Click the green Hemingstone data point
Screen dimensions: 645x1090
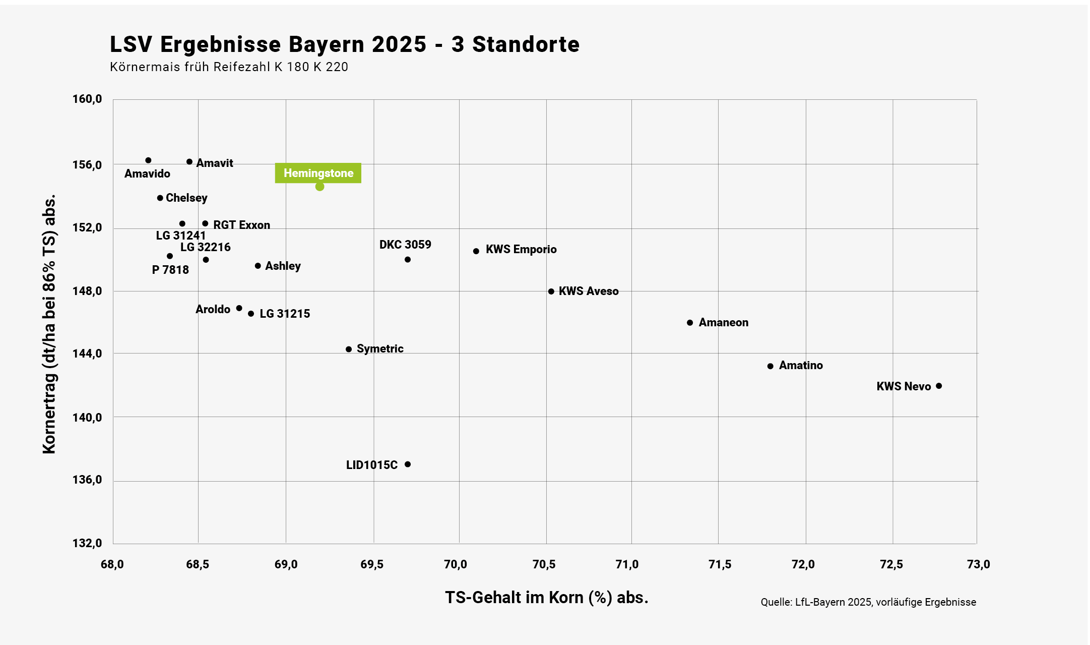coord(319,187)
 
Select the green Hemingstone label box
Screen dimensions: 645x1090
coord(318,173)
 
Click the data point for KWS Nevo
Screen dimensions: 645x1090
coord(938,386)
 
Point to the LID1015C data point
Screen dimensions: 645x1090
coord(408,464)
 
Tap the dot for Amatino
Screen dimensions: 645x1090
coord(770,366)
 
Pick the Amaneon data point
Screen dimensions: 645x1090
coord(690,323)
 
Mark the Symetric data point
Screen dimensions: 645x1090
coord(349,349)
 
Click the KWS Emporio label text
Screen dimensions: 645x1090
coord(521,250)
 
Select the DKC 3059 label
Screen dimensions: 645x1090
coord(405,245)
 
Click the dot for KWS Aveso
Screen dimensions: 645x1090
coord(551,291)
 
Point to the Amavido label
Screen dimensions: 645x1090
coord(147,173)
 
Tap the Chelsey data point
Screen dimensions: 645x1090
coord(160,198)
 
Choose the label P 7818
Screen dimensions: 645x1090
coord(170,270)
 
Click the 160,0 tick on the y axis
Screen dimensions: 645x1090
coord(87,99)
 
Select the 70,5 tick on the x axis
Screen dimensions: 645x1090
coord(544,564)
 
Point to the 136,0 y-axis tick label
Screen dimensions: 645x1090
coord(87,480)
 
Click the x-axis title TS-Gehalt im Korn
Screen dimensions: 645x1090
coord(546,598)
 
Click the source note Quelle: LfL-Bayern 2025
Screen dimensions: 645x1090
coord(868,602)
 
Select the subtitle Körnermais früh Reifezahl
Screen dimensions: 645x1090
coord(229,67)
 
